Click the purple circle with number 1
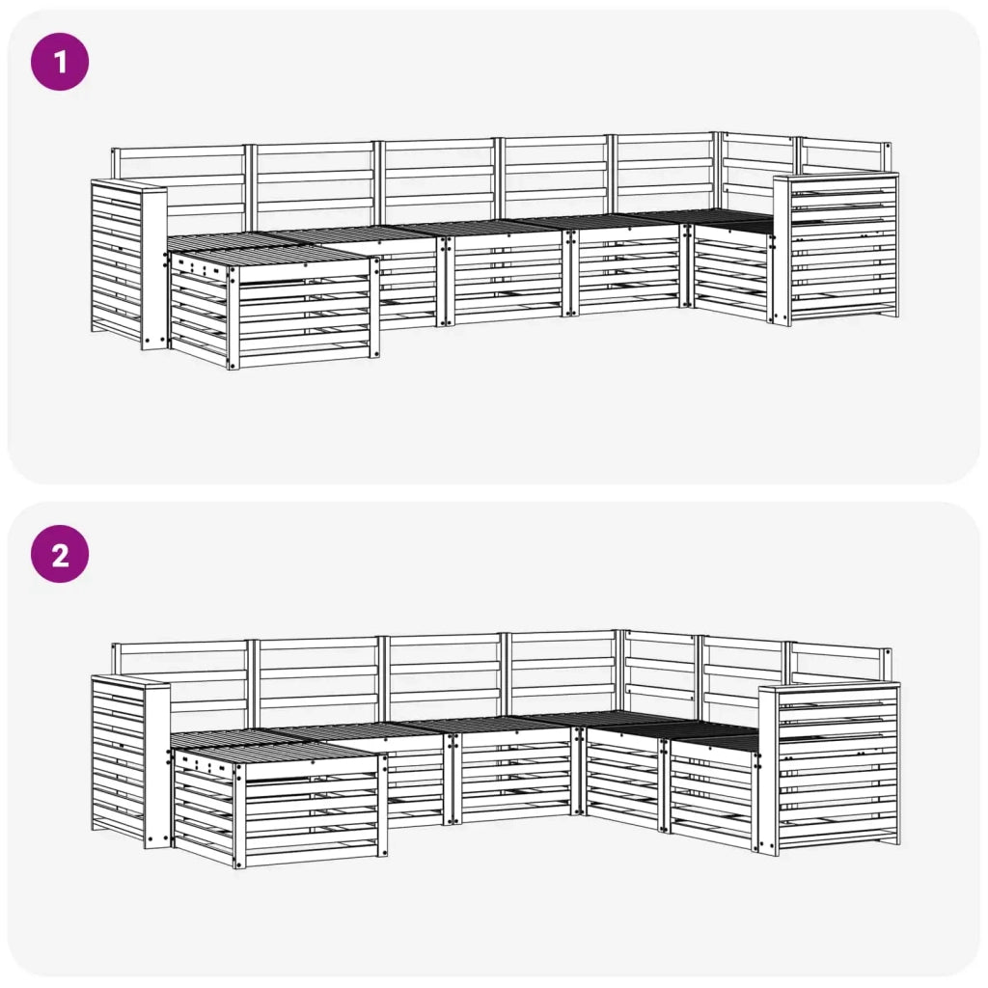click(x=60, y=63)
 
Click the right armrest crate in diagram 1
click(x=837, y=251)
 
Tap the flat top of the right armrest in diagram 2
click(x=830, y=687)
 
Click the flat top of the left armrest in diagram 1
click(x=127, y=184)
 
